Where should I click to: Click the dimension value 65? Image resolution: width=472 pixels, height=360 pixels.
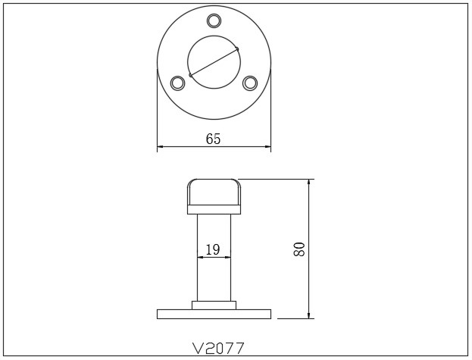[x=214, y=139]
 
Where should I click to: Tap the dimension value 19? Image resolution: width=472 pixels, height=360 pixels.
[x=213, y=249]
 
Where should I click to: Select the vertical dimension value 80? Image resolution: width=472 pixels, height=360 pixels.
[x=299, y=249]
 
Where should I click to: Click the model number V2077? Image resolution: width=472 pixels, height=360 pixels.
[x=218, y=348]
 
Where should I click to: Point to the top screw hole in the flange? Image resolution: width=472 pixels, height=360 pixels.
[x=214, y=20]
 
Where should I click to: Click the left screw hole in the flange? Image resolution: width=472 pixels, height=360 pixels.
[x=178, y=83]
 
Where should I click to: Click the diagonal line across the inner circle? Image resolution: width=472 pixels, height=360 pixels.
[x=214, y=62]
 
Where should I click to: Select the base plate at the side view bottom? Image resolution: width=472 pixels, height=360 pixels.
[x=214, y=314]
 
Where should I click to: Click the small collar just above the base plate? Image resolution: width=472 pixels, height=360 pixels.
[x=214, y=305]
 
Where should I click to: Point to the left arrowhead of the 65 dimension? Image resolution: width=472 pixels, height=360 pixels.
[x=160, y=148]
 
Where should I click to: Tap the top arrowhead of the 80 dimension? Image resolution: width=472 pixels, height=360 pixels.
[x=308, y=183]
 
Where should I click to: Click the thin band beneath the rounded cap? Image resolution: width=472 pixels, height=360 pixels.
[x=214, y=210]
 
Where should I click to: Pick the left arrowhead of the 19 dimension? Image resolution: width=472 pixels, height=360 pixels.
[x=200, y=257]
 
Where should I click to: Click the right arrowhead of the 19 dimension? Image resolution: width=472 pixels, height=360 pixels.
[x=228, y=257]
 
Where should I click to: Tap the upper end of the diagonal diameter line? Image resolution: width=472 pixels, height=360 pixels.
[x=237, y=49]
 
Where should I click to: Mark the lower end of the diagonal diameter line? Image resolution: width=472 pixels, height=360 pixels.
[x=190, y=75]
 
